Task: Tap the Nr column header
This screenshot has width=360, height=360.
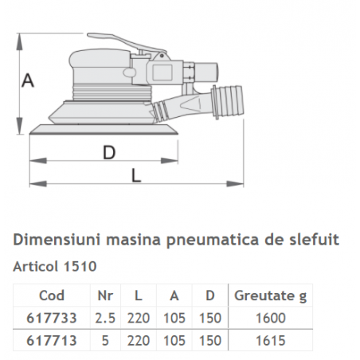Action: coord(104,295)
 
